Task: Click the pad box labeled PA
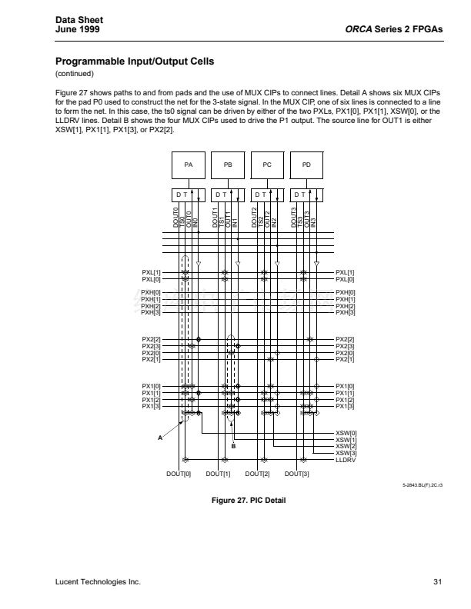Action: [189, 165]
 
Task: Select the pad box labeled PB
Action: [228, 165]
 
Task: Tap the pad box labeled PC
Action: [267, 165]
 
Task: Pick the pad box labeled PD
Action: [306, 165]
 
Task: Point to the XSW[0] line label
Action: [346, 433]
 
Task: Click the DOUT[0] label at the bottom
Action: [179, 474]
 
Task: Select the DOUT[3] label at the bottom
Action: [296, 474]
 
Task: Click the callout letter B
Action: [232, 446]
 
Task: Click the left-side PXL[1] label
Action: [151, 272]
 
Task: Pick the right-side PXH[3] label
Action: [346, 313]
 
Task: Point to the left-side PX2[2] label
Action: [151, 339]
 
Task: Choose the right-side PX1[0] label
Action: [346, 386]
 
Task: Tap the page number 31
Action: [437, 581]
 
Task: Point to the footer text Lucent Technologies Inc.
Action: [98, 581]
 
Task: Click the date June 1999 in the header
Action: [78, 28]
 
